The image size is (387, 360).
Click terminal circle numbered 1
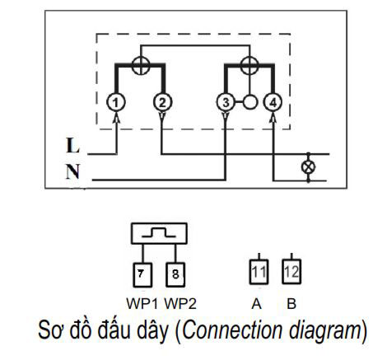click(116, 102)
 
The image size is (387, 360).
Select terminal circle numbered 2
click(162, 102)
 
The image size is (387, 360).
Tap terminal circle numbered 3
click(226, 102)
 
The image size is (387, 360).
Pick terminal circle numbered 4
click(273, 102)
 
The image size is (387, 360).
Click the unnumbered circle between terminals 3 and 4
click(250, 102)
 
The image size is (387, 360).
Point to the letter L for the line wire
click(72, 145)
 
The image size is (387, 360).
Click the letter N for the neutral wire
click(72, 171)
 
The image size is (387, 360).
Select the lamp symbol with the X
click(308, 167)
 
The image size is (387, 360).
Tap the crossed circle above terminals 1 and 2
click(141, 65)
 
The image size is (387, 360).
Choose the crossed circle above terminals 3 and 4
click(249, 65)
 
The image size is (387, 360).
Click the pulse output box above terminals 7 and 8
click(159, 233)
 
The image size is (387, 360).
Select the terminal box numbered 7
click(142, 275)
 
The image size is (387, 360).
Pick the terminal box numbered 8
click(175, 275)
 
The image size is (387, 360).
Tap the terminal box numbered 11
click(259, 272)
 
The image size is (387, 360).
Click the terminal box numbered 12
click(291, 272)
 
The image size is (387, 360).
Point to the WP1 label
click(142, 304)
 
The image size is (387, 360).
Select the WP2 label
click(180, 304)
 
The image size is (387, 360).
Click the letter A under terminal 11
click(256, 304)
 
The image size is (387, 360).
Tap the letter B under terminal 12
click(291, 304)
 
